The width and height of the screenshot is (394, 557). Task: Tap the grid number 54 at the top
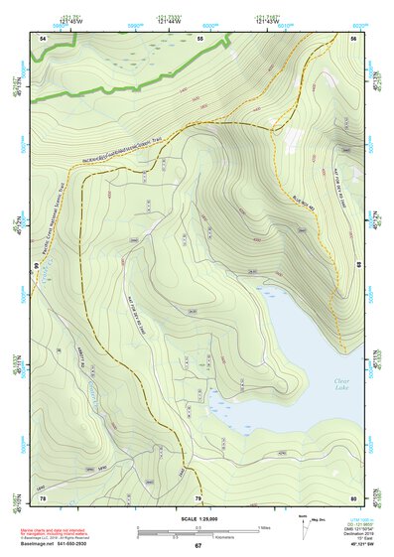tap(43, 38)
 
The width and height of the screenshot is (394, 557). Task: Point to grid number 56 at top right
tap(354, 38)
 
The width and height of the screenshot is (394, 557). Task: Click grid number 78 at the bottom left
tap(43, 497)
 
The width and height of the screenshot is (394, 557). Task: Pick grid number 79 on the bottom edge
tap(197, 497)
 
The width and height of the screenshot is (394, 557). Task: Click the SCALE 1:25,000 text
tap(197, 517)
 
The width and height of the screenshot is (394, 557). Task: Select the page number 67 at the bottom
tap(197, 546)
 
